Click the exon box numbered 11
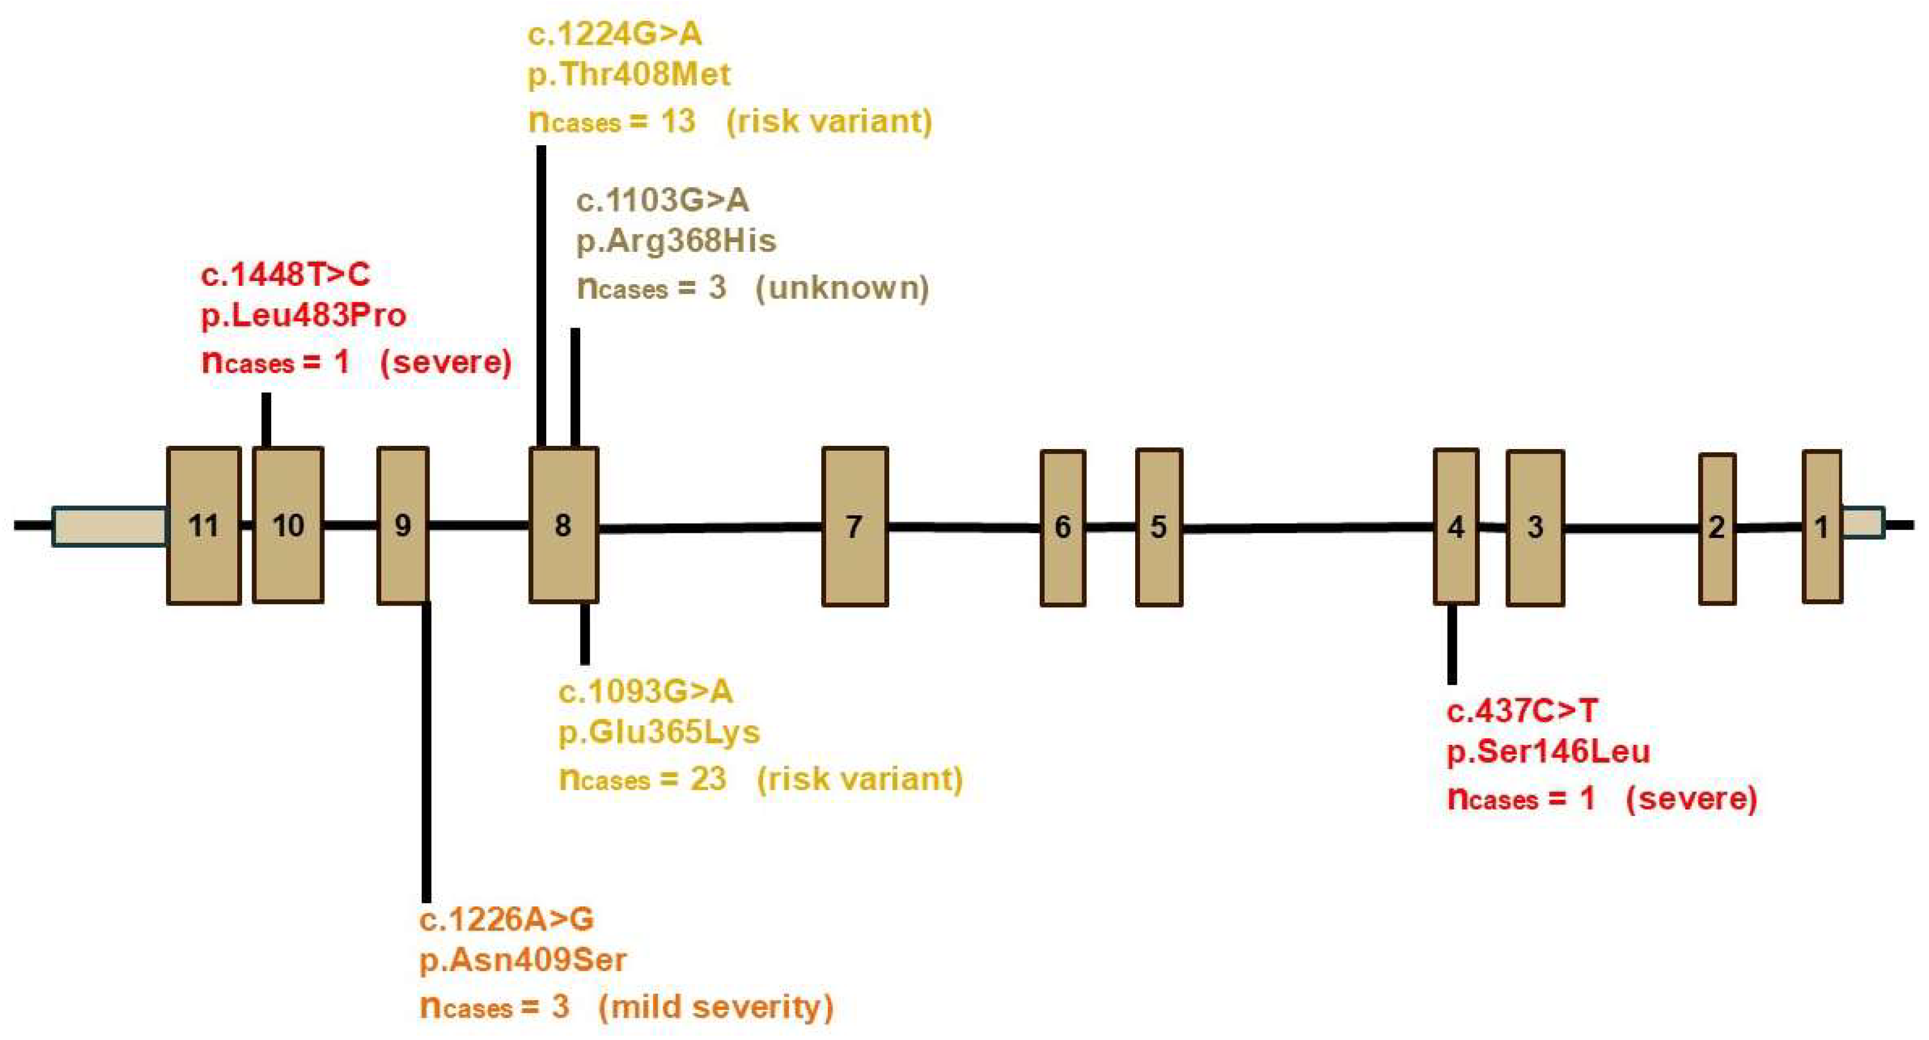tap(204, 526)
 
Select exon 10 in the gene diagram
tap(288, 526)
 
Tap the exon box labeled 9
tap(403, 526)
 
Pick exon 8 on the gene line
tap(563, 526)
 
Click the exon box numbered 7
tap(855, 527)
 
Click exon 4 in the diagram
tap(1456, 527)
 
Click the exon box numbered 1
tap(1822, 527)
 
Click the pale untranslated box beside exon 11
tap(110, 526)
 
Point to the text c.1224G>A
tap(615, 35)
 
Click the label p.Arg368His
tap(676, 241)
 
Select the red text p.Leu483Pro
tap(304, 315)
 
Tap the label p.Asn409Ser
tap(523, 960)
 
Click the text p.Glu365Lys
tap(659, 732)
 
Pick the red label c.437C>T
tap(1522, 710)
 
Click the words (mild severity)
tap(715, 1007)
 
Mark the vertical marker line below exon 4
tap(1452, 644)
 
